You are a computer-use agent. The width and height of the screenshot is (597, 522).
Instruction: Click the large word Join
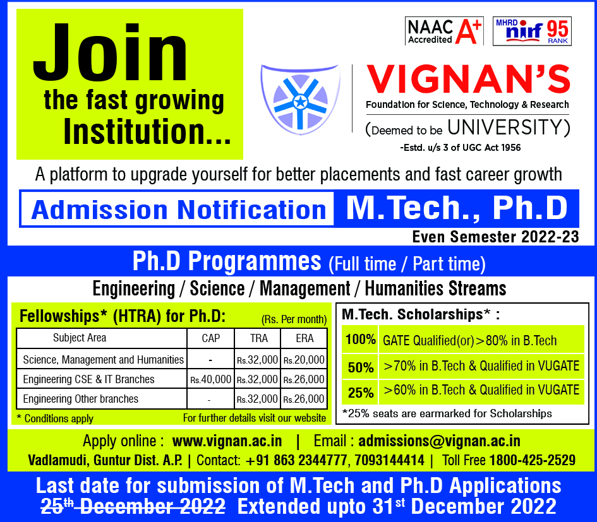[110, 52]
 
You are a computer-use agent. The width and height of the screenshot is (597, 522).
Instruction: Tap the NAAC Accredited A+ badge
[444, 31]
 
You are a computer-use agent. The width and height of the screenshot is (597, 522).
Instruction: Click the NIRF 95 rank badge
[532, 31]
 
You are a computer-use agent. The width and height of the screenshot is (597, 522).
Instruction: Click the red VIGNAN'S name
[468, 79]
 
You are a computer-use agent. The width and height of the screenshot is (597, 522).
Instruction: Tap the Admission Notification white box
[178, 210]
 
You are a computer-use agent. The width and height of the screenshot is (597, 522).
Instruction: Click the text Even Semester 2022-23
[496, 237]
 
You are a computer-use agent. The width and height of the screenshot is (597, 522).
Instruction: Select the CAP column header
[210, 338]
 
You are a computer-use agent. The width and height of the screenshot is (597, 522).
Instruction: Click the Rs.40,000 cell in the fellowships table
[210, 379]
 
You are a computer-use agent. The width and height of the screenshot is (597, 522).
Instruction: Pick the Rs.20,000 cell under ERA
[304, 360]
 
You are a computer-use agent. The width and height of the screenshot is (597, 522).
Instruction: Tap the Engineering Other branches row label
[81, 399]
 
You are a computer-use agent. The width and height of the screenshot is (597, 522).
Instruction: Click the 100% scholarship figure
[360, 339]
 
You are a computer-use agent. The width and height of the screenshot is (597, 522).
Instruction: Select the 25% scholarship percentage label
[361, 392]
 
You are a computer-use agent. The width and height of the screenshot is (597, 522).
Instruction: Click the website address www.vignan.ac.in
[227, 441]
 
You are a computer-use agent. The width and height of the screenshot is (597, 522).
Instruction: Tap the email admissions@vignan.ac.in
[439, 441]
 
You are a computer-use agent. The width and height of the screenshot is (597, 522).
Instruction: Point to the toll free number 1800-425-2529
[533, 460]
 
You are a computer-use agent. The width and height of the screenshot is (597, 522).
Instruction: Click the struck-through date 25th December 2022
[133, 506]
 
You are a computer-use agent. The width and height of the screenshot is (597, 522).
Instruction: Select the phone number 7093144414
[390, 460]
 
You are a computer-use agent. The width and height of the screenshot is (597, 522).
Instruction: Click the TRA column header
[259, 338]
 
